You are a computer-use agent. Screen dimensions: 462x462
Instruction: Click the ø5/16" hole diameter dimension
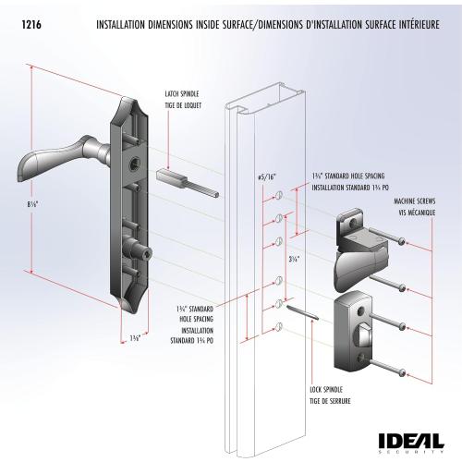click(265, 176)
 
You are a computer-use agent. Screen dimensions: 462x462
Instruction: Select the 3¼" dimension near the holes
click(295, 260)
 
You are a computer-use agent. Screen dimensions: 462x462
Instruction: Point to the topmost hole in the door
click(278, 196)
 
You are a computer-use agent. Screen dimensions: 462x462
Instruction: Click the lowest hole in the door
click(278, 324)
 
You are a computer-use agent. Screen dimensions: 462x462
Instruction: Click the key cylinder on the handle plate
click(141, 252)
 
